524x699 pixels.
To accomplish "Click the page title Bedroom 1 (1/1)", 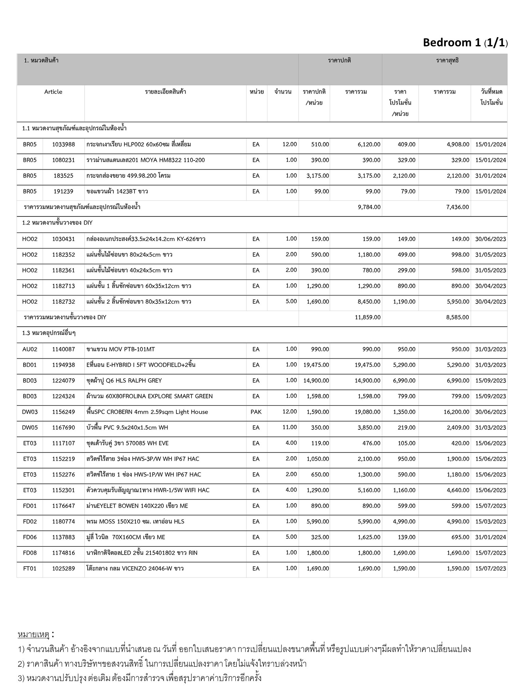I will pyautogui.click(x=465, y=43).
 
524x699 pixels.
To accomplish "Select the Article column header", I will pyautogui.click(x=53, y=92).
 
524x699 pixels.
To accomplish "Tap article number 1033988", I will pyautogui.click(x=63, y=144).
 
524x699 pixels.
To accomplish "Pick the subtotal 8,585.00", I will pyautogui.click(x=457, y=317).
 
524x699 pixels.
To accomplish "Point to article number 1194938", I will pyautogui.click(x=63, y=365).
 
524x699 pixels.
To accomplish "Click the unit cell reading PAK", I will pyautogui.click(x=256, y=412).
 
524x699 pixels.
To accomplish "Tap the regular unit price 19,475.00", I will pyautogui.click(x=316, y=365).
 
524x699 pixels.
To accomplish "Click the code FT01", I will pyautogui.click(x=30, y=569).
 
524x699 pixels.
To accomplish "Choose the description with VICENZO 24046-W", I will pyautogui.click(x=135, y=569).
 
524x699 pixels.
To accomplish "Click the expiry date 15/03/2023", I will pyautogui.click(x=491, y=522).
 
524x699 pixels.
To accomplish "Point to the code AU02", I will pyautogui.click(x=30, y=349).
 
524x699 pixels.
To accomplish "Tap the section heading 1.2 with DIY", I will pyautogui.click(x=57, y=223).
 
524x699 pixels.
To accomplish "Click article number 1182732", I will pyautogui.click(x=63, y=302).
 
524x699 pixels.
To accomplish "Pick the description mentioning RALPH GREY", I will pyautogui.click(x=124, y=381).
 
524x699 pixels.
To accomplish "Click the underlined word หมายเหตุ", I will pyautogui.click(x=34, y=635).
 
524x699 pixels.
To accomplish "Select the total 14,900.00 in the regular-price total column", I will pyautogui.click(x=367, y=381).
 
